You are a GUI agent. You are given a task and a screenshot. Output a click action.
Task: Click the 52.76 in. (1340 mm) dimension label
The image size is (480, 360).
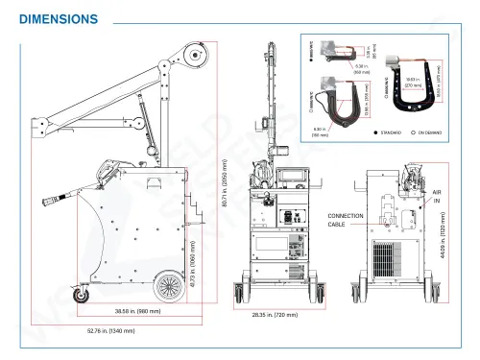pyautogui.click(x=111, y=331)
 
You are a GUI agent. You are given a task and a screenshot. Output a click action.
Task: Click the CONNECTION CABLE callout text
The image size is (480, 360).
pyautogui.click(x=346, y=219)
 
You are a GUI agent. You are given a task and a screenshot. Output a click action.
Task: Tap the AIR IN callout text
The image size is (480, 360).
pyautogui.click(x=437, y=196)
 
